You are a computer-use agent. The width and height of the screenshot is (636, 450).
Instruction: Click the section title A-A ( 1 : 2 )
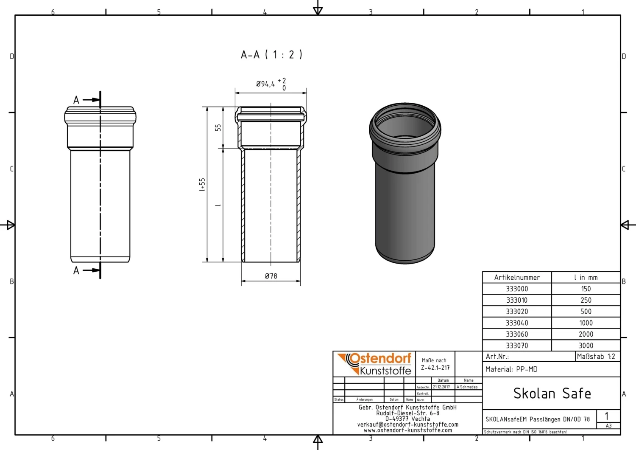271,55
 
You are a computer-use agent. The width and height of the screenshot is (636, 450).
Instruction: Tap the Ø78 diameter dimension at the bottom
271,276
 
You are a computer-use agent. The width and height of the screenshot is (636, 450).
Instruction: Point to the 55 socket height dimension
218,127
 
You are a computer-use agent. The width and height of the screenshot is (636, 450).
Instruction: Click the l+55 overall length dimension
202,185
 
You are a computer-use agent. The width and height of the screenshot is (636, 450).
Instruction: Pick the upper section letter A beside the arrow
76,100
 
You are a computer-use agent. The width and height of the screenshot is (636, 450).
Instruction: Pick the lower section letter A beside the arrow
76,270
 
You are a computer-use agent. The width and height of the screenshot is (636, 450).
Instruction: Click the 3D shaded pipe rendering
405,183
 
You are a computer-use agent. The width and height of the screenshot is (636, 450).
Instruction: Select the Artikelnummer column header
517,278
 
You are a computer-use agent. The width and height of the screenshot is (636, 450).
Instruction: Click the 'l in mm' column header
586,278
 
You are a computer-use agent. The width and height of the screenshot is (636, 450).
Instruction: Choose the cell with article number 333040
517,323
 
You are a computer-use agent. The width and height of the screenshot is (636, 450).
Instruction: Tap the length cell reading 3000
586,346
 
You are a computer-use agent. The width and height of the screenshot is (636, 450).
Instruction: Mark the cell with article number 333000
517,289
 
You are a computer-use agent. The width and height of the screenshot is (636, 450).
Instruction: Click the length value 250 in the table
586,300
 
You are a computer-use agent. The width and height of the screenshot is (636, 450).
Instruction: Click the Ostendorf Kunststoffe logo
375,364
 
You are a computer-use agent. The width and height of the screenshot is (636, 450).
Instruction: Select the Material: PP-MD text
511,369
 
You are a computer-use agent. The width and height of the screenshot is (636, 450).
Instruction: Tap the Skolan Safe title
552,394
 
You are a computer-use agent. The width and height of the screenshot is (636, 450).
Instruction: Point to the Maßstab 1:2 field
596,357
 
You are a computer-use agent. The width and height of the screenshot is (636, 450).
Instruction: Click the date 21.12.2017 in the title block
441,387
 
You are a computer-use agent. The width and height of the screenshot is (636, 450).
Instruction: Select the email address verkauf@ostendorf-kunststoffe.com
407,425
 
